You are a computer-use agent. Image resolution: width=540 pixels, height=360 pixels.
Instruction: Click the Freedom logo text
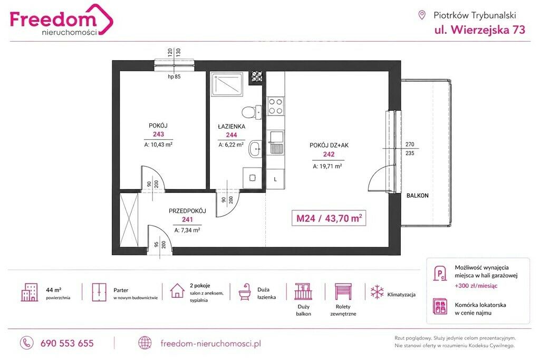click(x=53, y=19)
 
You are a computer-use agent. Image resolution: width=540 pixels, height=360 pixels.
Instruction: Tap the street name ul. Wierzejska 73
click(x=480, y=30)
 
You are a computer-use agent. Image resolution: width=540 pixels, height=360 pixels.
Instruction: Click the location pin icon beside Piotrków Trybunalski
click(x=421, y=15)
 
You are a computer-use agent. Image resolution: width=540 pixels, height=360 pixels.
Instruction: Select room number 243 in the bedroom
click(x=158, y=134)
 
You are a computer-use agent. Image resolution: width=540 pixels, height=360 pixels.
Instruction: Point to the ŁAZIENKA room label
click(x=232, y=127)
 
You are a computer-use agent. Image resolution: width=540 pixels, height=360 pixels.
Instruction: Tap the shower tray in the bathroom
click(x=227, y=84)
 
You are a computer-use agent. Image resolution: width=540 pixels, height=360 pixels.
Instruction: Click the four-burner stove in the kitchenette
click(x=275, y=106)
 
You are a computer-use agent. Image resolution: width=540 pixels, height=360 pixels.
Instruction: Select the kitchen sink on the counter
click(x=276, y=142)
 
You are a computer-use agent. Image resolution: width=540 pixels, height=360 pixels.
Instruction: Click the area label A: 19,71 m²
click(x=327, y=166)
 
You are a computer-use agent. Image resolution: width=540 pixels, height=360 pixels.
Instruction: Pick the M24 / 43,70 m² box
click(x=329, y=218)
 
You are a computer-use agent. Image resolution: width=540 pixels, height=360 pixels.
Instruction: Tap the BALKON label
click(x=418, y=196)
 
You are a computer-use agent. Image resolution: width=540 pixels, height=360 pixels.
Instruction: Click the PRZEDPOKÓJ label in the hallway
click(x=187, y=211)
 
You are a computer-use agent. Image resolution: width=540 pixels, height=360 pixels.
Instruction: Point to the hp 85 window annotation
click(x=174, y=76)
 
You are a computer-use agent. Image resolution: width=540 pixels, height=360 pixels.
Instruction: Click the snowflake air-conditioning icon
click(x=377, y=292)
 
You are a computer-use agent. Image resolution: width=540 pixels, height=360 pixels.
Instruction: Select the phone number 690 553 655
click(x=67, y=343)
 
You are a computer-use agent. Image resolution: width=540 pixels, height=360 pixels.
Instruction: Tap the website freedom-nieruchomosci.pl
click(x=211, y=343)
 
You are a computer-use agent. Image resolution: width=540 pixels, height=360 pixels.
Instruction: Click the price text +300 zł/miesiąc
click(x=476, y=286)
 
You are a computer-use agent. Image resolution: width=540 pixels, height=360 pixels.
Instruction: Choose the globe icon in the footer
click(x=144, y=343)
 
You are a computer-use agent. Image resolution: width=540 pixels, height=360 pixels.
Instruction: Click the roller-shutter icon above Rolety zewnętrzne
click(x=343, y=292)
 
